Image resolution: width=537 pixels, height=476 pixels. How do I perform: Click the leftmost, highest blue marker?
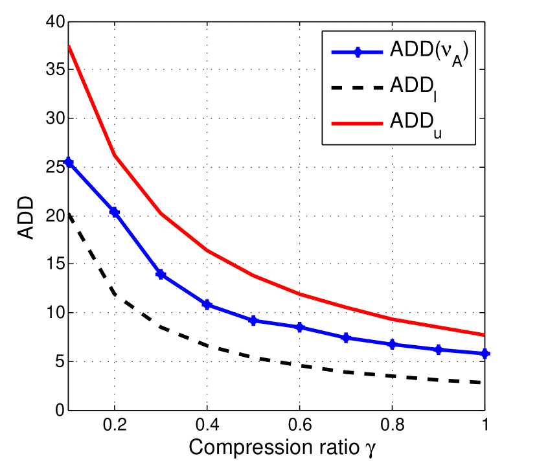click(69, 162)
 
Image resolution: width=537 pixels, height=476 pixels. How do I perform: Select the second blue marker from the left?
click(115, 212)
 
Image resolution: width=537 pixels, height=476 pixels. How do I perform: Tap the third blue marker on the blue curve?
click(161, 275)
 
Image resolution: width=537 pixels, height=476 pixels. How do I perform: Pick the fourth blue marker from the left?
click(207, 304)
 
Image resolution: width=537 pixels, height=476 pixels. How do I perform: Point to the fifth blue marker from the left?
click(253, 321)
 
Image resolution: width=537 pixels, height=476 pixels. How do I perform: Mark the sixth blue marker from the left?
click(300, 327)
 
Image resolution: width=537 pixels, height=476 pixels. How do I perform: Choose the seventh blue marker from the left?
click(346, 337)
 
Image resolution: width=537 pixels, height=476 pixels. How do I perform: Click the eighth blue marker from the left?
click(393, 344)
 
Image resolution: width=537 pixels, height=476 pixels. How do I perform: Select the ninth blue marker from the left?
click(439, 350)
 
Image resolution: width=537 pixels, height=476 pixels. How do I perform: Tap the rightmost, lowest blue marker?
click(485, 354)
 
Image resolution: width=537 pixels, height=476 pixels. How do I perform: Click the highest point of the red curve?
click(69, 47)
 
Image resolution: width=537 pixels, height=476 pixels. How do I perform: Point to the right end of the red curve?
click(485, 335)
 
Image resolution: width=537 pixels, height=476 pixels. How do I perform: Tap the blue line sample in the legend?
click(356, 52)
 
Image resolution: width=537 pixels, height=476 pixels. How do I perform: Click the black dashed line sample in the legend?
click(356, 87)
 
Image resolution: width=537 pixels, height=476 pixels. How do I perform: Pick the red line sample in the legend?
click(356, 122)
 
